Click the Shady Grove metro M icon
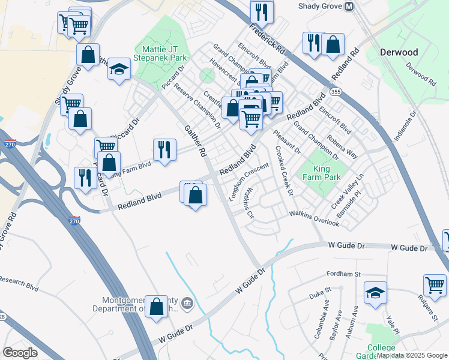click(349, 6)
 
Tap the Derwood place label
click(399, 52)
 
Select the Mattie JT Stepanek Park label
click(162, 53)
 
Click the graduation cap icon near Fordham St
click(376, 293)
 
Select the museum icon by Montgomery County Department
click(187, 302)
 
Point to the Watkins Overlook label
click(314, 219)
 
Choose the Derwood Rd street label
click(420, 72)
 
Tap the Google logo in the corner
click(20, 353)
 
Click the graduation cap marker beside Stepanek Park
click(119, 69)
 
